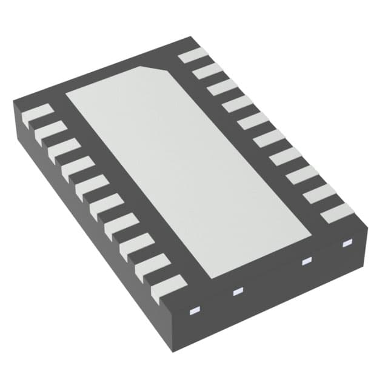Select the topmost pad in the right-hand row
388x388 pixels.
[x=193, y=55]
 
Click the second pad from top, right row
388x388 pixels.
[x=208, y=72]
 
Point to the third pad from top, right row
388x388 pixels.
[x=222, y=88]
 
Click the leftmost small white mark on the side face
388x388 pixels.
[x=195, y=312]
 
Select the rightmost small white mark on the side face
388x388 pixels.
[x=347, y=244]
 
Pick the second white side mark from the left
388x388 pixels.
[x=237, y=292]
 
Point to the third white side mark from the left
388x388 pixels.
[x=306, y=261]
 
